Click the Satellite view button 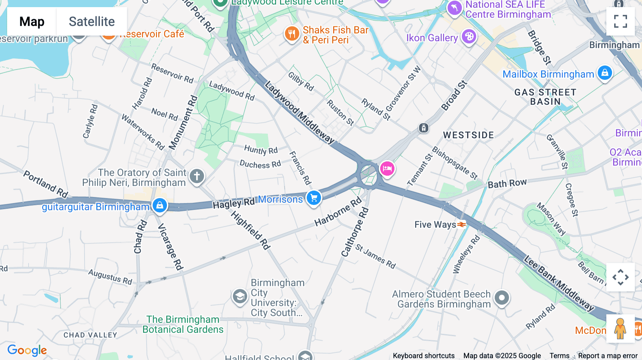[92, 22]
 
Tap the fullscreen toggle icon [620, 21]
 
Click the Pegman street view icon [620, 328]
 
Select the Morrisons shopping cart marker [314, 198]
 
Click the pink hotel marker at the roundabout [387, 168]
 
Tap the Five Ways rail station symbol [462, 225]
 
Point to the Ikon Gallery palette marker [469, 36]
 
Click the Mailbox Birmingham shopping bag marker [605, 73]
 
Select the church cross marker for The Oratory [197, 176]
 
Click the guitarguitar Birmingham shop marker [160, 205]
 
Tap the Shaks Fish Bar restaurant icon [292, 34]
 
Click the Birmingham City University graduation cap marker [240, 296]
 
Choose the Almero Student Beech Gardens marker [501, 298]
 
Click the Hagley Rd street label [234, 204]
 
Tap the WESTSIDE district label [468, 135]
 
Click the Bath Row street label [507, 184]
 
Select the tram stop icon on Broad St [423, 128]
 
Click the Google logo [27, 350]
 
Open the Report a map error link [607, 356]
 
